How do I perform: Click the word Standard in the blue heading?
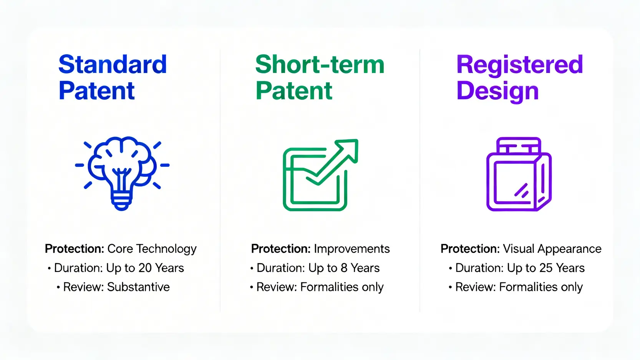click(x=113, y=64)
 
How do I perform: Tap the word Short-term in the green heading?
click(x=320, y=64)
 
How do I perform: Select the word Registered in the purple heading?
click(x=519, y=65)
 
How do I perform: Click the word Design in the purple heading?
click(x=497, y=91)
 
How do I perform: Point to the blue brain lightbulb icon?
click(x=122, y=173)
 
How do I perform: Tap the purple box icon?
click(x=519, y=174)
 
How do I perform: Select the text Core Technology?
click(x=152, y=249)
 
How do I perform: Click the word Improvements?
click(x=352, y=249)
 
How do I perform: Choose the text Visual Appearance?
click(x=552, y=249)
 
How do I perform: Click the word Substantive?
click(x=138, y=287)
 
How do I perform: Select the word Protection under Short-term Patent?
click(x=280, y=249)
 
